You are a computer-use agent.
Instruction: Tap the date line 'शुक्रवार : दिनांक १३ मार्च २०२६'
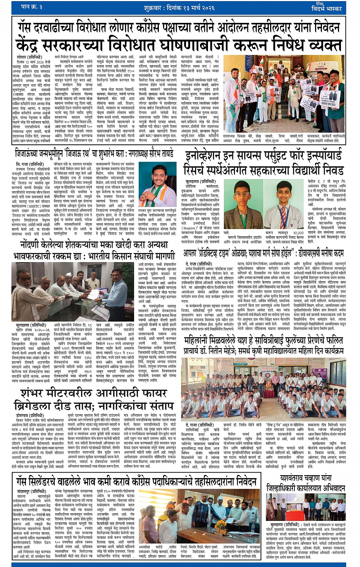181,8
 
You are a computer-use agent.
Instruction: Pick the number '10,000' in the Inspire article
298,232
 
